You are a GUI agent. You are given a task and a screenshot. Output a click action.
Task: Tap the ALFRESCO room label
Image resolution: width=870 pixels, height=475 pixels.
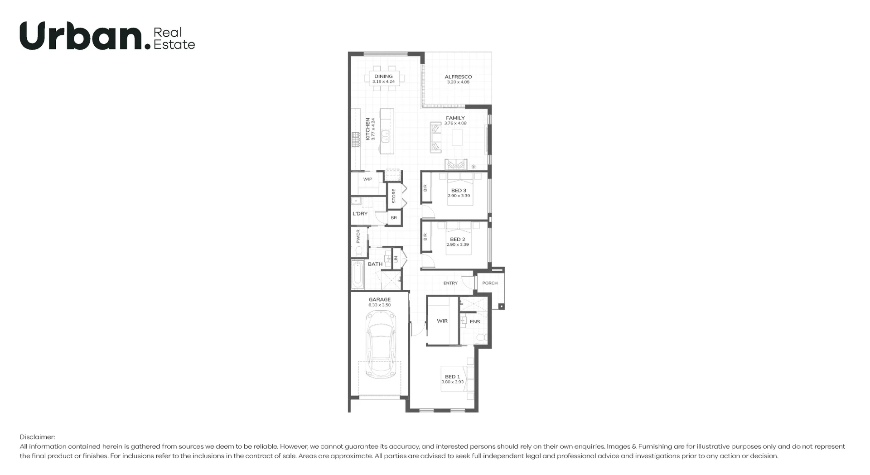pos(458,77)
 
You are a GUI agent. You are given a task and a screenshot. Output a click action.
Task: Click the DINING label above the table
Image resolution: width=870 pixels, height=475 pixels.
pos(383,77)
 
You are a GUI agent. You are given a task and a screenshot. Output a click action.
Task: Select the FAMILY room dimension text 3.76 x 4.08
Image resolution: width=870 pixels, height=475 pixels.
pos(455,123)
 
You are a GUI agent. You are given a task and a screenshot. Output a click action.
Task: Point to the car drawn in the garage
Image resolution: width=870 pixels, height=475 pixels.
pos(380,345)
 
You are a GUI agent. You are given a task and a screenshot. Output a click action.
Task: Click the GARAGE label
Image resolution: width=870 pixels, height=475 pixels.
pos(379,299)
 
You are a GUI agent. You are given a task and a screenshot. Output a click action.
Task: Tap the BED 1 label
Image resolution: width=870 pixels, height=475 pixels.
pos(452,377)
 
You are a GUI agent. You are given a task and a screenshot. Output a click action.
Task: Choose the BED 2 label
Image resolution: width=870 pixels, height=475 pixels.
pos(457,239)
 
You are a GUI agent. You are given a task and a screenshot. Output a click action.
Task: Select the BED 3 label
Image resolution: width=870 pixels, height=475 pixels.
pos(459,191)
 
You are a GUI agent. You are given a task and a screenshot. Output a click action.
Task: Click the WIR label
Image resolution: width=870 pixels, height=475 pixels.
pos(442,321)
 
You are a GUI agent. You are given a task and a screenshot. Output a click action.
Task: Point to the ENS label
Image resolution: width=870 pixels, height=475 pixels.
pos(474,322)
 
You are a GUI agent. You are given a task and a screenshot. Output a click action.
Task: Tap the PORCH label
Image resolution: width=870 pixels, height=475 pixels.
pos(490,283)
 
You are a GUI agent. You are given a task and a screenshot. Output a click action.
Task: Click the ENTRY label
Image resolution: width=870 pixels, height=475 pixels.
pos(450,283)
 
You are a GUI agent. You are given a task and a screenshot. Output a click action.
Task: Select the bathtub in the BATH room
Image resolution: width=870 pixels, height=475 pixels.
pos(358,275)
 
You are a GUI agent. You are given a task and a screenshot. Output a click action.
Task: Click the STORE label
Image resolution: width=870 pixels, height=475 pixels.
pos(394,196)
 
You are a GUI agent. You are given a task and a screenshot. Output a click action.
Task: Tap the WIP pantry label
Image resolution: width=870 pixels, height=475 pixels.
pos(367,179)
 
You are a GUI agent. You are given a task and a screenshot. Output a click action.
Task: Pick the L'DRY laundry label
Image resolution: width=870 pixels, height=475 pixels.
pos(360,214)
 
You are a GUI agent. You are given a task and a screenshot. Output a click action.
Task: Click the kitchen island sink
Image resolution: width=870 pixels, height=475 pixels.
pos(385,136)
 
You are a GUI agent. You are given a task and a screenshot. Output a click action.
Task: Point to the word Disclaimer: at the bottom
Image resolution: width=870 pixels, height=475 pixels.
pos(37,437)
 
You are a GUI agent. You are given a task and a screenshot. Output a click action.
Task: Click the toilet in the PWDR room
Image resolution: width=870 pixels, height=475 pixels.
pos(359,250)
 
